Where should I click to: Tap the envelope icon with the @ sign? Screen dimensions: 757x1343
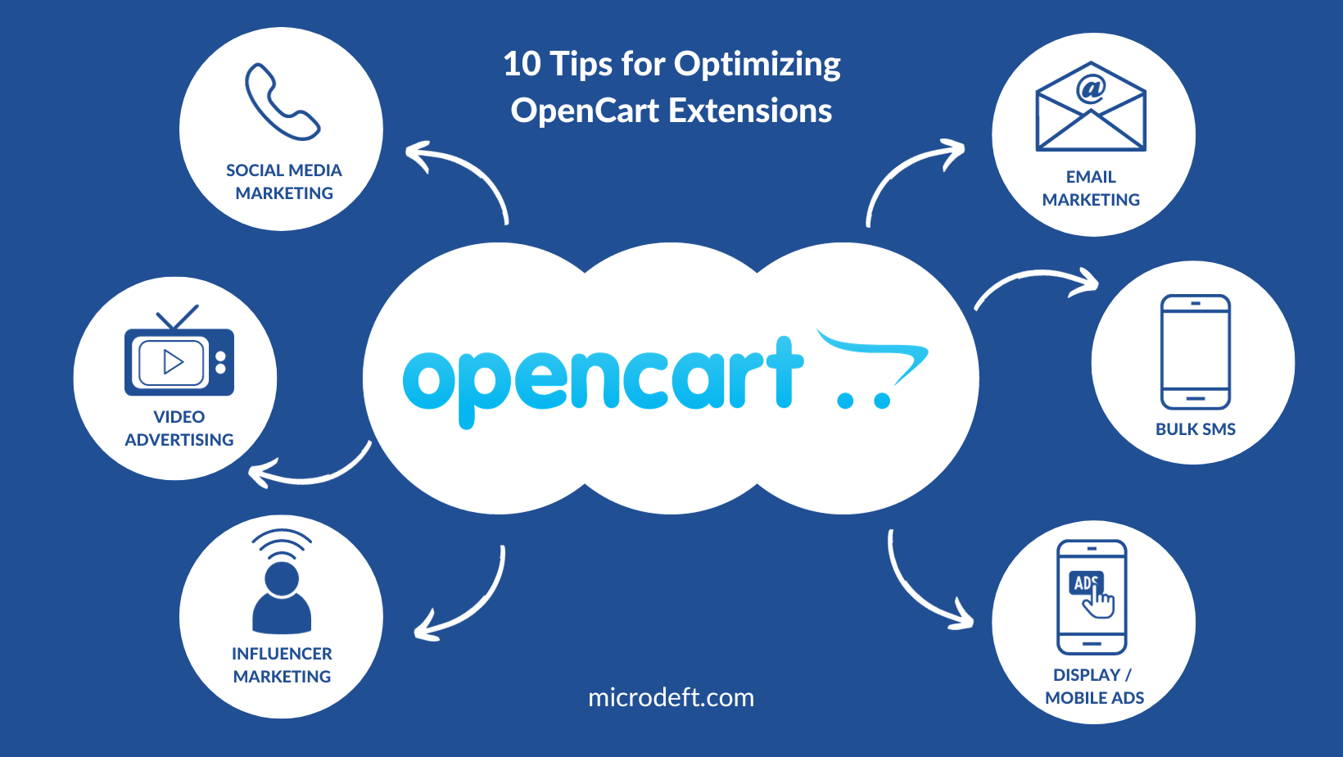pos(1091,107)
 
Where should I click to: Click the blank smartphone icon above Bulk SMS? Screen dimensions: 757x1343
pos(1195,351)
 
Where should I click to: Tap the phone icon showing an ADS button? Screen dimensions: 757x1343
pos(1092,596)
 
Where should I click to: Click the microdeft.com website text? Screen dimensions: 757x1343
pos(671,697)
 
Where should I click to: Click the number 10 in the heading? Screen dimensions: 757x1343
pos(522,64)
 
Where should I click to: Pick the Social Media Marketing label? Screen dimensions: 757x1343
pos(284,182)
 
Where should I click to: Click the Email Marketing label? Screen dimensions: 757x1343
pos(1091,188)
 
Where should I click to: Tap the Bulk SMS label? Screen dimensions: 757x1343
pos(1195,429)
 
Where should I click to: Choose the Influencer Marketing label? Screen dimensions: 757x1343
pos(282,665)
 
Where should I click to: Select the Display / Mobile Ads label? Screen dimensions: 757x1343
pos(1094,687)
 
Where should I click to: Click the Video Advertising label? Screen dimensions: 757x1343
pos(179,428)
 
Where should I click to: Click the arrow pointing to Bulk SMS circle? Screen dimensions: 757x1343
pos(1036,283)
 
